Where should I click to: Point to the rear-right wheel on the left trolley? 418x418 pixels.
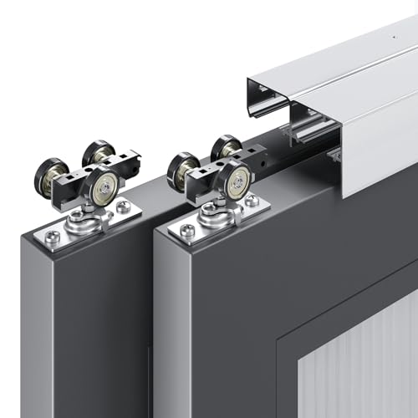click(x=99, y=154)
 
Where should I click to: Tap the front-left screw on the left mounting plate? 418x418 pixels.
click(x=53, y=237)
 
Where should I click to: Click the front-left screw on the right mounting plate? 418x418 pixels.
click(x=187, y=230)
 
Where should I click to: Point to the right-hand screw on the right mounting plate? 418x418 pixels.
click(x=252, y=200)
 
